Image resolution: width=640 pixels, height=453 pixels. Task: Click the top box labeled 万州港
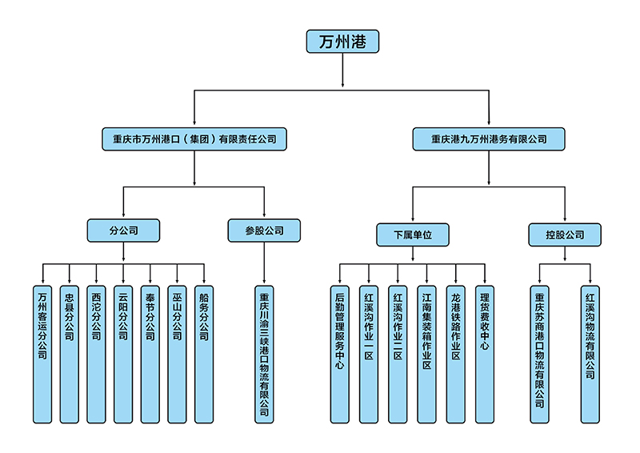click(342, 42)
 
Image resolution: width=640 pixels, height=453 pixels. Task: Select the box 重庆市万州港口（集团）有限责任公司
click(194, 138)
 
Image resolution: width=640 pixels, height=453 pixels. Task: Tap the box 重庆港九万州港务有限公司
click(489, 138)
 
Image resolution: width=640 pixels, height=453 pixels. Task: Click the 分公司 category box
click(123, 231)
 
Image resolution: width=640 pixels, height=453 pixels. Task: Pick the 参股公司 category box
click(265, 231)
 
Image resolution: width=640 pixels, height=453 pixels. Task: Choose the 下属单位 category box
click(412, 235)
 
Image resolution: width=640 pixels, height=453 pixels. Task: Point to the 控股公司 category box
click(565, 235)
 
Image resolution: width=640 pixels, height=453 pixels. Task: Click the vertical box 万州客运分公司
click(42, 353)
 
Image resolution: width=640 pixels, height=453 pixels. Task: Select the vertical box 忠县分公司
click(70, 353)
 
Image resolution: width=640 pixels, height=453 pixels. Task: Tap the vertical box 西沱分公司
click(96, 353)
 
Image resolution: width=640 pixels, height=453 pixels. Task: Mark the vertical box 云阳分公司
click(123, 353)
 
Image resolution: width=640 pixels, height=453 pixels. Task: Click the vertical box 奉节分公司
click(150, 353)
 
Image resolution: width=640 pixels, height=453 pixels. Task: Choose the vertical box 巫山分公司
click(177, 353)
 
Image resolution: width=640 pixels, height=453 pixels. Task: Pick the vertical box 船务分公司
click(204, 353)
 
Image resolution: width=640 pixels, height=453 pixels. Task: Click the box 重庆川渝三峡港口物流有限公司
click(265, 353)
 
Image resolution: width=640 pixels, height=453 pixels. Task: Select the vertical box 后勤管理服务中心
click(340, 353)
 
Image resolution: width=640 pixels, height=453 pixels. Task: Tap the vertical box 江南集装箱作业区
click(427, 353)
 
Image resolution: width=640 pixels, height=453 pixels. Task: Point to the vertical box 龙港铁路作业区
click(456, 353)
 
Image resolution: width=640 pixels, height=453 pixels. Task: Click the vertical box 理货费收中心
click(484, 353)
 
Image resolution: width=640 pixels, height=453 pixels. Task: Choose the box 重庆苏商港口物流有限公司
click(541, 353)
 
